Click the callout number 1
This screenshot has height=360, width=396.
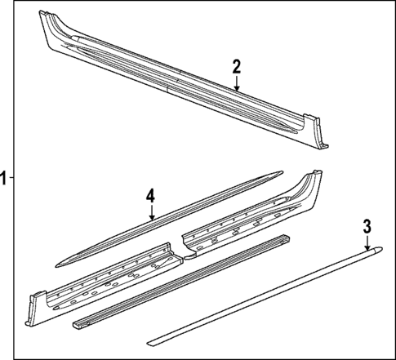pos(4,179)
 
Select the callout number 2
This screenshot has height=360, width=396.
pos(236,66)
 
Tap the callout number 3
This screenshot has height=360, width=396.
pos(367,225)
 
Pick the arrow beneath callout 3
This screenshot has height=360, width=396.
pos(367,242)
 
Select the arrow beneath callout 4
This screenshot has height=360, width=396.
pos(151,213)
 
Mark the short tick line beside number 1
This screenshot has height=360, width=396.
pos(13,179)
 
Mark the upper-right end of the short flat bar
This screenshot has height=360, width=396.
pos(285,238)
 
